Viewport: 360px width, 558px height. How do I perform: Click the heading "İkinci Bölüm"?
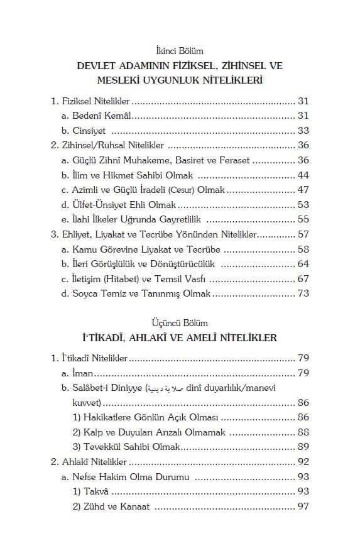pyautogui.click(x=180, y=50)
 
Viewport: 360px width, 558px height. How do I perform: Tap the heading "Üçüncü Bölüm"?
pyautogui.click(x=180, y=323)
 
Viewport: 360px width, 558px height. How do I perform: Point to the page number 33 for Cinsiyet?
pyautogui.click(x=303, y=131)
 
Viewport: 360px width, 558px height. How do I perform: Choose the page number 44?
pyautogui.click(x=303, y=175)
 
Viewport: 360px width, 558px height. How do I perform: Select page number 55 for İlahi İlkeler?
pyautogui.click(x=303, y=219)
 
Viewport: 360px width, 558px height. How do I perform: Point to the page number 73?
pyautogui.click(x=303, y=293)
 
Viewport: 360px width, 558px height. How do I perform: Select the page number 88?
pyautogui.click(x=303, y=432)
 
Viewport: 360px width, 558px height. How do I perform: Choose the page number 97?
pyautogui.click(x=303, y=506)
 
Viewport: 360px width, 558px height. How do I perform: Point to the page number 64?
pyautogui.click(x=303, y=264)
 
